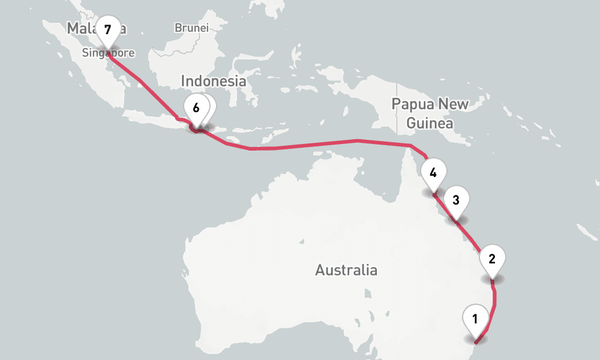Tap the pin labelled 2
pyautogui.click(x=492, y=259)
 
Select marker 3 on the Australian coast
pyautogui.click(x=456, y=200)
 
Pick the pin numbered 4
pyautogui.click(x=433, y=173)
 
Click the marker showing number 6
pyautogui.click(x=196, y=109)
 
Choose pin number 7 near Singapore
pyautogui.click(x=107, y=29)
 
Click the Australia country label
pyautogui.click(x=346, y=270)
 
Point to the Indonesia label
pyautogui.click(x=214, y=81)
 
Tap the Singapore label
pyautogui.click(x=108, y=53)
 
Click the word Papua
pyautogui.click(x=411, y=104)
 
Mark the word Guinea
pyautogui.click(x=430, y=124)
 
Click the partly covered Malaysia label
pyautogui.click(x=81, y=28)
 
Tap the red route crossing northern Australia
pyautogui.click(x=312, y=144)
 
